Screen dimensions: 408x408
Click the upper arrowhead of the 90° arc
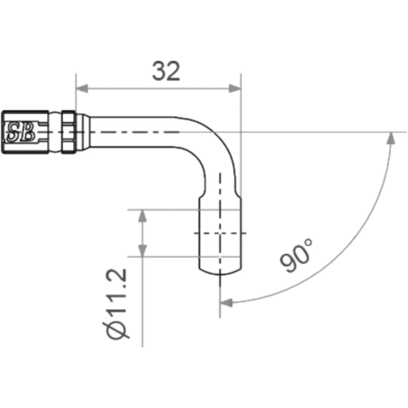click(x=390, y=139)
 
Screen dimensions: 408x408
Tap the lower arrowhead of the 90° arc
click(x=226, y=302)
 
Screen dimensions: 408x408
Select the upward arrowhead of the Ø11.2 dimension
click(x=142, y=215)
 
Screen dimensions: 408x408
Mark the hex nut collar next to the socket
click(x=68, y=132)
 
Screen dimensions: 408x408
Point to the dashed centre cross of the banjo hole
click(x=220, y=233)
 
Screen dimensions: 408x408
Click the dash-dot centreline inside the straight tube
click(x=135, y=132)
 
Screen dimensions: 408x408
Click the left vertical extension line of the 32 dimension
click(x=76, y=94)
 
